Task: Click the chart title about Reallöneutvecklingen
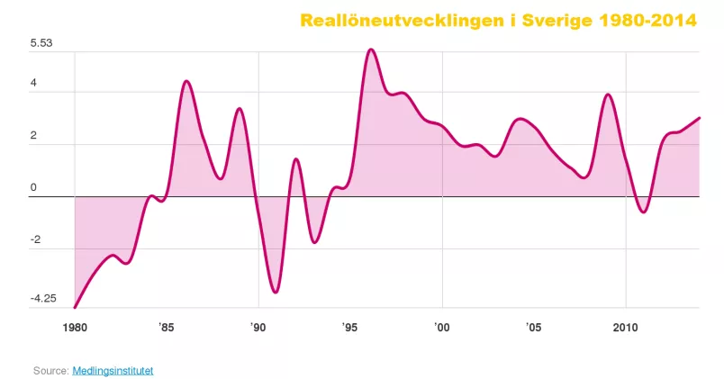[x=498, y=20]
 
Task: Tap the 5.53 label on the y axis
[x=42, y=43]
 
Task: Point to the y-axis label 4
[x=33, y=83]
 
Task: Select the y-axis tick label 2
[x=33, y=135]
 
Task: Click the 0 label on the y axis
[x=33, y=187]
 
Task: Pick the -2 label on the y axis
[x=35, y=239]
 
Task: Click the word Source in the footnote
[x=50, y=370]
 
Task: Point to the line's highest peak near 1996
[x=371, y=50]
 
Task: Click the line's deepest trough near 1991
[x=276, y=292]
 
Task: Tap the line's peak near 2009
[x=608, y=95]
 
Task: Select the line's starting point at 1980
[x=75, y=308]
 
